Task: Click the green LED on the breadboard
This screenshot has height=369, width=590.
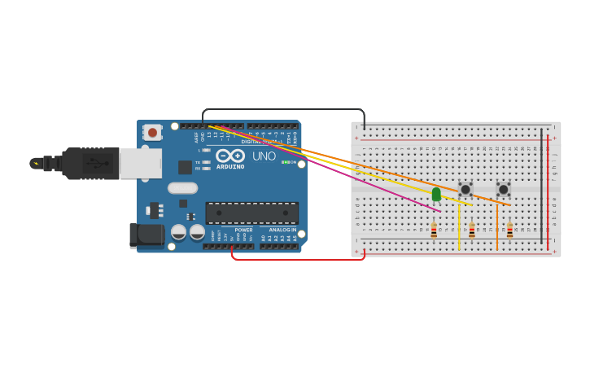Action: click(x=436, y=194)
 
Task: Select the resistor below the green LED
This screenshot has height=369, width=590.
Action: click(x=434, y=231)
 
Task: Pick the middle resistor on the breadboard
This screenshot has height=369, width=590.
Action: click(x=472, y=231)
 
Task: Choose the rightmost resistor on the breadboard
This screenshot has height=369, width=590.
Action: click(x=510, y=231)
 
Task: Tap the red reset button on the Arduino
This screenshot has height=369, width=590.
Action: click(x=152, y=132)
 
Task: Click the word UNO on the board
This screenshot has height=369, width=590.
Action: click(x=264, y=156)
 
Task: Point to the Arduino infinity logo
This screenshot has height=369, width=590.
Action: click(x=229, y=156)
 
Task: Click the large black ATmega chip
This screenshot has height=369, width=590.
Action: click(x=251, y=213)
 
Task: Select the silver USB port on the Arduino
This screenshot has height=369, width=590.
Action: click(x=140, y=163)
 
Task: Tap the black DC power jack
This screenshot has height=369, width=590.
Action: click(x=146, y=235)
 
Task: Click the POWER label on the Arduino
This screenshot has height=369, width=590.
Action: click(x=243, y=230)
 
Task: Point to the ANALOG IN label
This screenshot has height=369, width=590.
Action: click(x=282, y=230)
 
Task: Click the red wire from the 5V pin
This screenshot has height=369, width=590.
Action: click(x=297, y=259)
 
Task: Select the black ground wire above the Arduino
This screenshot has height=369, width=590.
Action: click(x=283, y=109)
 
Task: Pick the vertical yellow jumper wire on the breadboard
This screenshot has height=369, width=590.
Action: click(x=459, y=226)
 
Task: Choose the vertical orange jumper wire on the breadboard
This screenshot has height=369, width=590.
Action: click(x=497, y=226)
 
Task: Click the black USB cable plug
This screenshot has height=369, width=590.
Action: click(x=90, y=163)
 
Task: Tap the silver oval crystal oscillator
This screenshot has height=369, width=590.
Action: click(x=183, y=188)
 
